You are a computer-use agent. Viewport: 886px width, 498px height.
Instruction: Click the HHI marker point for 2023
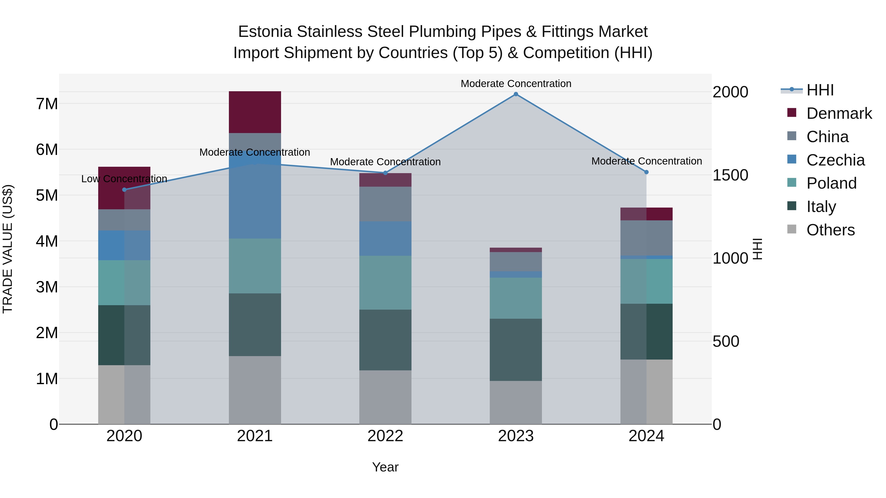(x=516, y=94)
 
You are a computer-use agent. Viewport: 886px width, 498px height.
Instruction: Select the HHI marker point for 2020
(x=125, y=190)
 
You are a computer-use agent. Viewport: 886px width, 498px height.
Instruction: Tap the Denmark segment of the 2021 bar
(x=255, y=112)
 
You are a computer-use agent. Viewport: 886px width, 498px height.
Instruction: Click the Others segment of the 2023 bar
(x=516, y=402)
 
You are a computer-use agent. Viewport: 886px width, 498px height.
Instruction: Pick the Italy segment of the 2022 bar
(x=385, y=340)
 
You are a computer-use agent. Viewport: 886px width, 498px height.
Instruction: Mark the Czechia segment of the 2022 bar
(x=385, y=239)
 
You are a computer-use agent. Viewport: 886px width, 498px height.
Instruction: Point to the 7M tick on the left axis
(x=47, y=104)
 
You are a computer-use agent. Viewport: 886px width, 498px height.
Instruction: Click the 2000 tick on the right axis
(x=730, y=92)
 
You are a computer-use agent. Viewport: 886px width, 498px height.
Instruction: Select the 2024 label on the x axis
(x=646, y=436)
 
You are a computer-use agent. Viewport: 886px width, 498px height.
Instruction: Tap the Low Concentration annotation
(x=124, y=179)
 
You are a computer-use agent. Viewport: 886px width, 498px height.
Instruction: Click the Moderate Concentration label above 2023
(x=516, y=84)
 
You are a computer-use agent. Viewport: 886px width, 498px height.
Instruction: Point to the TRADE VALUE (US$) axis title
(x=8, y=249)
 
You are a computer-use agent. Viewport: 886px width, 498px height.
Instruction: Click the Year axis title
(x=385, y=467)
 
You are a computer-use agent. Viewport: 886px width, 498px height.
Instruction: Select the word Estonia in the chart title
(x=265, y=32)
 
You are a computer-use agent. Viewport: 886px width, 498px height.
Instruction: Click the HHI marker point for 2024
(x=646, y=172)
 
